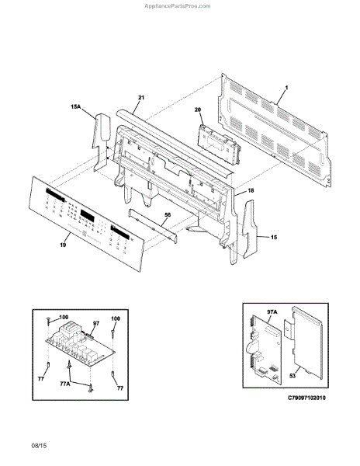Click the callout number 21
141,98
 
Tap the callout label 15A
76,106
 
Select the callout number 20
198,110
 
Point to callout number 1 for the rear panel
286,88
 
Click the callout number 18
251,190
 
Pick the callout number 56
168,215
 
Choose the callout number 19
63,245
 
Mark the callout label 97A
272,311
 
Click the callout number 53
292,376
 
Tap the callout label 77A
65,384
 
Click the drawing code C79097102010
306,398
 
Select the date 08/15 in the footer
39,446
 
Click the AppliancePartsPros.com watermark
177,6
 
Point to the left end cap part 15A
102,142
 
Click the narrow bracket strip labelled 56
153,225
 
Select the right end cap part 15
250,229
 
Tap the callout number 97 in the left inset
96,323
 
